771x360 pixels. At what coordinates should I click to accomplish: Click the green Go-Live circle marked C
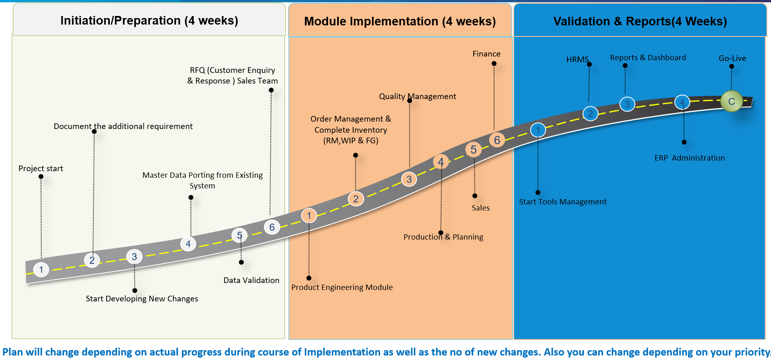[x=731, y=101]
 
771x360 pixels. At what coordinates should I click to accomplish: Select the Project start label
[x=41, y=168]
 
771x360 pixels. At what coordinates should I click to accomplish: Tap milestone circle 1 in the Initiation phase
[x=41, y=269]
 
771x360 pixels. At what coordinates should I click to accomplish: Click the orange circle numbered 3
[x=409, y=179]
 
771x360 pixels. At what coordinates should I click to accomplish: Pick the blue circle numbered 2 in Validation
[x=590, y=113]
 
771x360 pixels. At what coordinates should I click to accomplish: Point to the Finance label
[x=486, y=54]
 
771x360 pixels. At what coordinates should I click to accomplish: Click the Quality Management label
[x=417, y=96]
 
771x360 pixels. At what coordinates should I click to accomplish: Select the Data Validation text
[x=251, y=280]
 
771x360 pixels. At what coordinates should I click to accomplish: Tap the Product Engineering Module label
[x=342, y=287]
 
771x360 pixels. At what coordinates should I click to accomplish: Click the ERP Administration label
[x=689, y=158]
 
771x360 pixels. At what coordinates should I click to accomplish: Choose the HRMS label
[x=577, y=59]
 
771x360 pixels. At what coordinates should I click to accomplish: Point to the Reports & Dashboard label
[x=648, y=58]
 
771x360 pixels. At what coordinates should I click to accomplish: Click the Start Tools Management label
[x=562, y=202]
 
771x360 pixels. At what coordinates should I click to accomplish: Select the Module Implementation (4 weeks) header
[x=400, y=21]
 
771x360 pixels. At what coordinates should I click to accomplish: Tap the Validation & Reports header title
[x=640, y=21]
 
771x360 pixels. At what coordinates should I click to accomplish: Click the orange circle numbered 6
[x=497, y=140]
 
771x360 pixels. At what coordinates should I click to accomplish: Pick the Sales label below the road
[x=481, y=208]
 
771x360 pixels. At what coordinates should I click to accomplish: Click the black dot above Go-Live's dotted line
[x=732, y=66]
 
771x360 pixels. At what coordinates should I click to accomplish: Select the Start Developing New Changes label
[x=142, y=299]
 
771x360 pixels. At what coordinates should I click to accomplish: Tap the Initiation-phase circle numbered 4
[x=188, y=244]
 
